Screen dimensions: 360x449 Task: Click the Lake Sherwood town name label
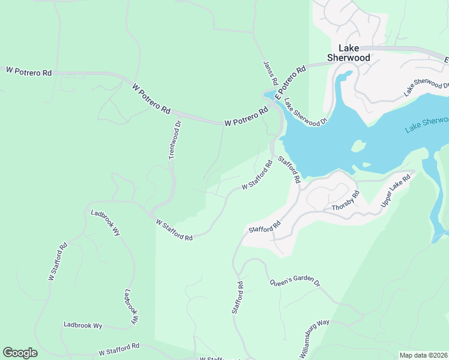click(348, 53)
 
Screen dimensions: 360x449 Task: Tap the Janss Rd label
click(270, 72)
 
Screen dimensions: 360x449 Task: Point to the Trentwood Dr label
click(175, 140)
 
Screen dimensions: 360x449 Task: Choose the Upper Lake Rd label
click(396, 191)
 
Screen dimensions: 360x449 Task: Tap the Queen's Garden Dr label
click(295, 282)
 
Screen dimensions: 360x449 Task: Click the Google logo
click(20, 353)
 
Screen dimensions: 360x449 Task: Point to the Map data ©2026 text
click(423, 355)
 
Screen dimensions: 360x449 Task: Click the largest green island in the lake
click(358, 146)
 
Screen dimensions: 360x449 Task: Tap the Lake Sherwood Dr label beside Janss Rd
click(306, 112)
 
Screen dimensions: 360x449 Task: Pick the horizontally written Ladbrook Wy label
click(83, 325)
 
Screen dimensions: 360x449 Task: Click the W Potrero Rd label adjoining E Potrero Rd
click(246, 118)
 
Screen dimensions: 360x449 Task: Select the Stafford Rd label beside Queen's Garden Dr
click(238, 298)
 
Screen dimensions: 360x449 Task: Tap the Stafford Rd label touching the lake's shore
click(289, 169)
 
